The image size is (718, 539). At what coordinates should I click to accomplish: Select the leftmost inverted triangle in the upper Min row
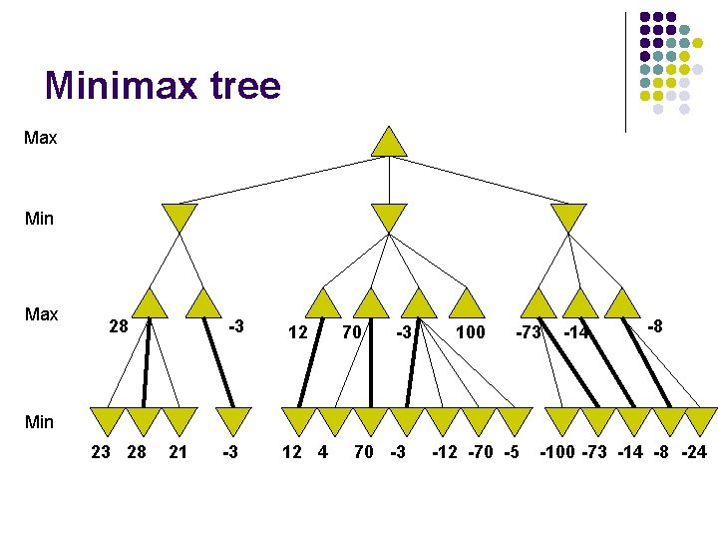click(180, 217)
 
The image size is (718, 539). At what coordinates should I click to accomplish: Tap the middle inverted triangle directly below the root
click(389, 217)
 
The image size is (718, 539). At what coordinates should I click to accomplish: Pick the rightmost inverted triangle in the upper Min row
click(568, 217)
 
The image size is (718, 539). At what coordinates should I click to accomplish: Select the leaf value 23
click(100, 452)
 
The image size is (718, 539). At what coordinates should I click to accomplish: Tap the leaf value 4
click(322, 452)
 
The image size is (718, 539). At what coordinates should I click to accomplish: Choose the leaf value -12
click(446, 452)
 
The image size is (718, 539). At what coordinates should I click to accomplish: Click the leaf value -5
click(512, 452)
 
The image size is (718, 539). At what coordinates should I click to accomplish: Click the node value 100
click(470, 330)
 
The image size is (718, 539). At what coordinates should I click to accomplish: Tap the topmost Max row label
click(40, 138)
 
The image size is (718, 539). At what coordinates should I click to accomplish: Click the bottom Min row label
click(38, 421)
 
